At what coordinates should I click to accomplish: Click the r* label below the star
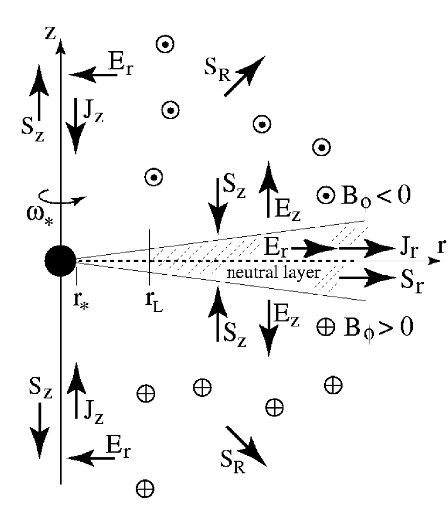click(81, 298)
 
